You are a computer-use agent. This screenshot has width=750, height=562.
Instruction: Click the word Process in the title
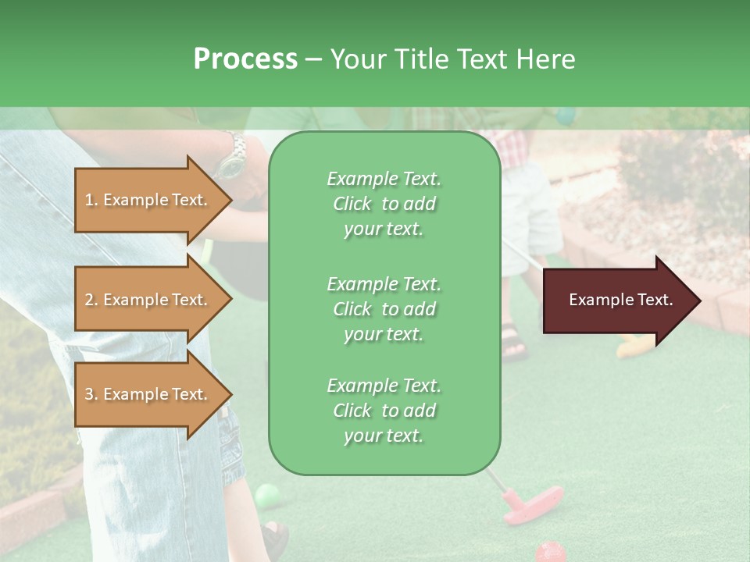pyautogui.click(x=245, y=59)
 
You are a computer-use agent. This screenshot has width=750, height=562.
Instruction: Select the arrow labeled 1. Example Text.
pyautogui.click(x=148, y=200)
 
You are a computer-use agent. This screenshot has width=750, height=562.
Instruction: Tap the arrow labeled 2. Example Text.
pyautogui.click(x=148, y=300)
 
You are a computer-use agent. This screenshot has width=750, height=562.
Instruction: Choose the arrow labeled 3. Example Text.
pyautogui.click(x=148, y=394)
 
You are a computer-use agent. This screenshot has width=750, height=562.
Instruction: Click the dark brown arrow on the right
pyautogui.click(x=620, y=301)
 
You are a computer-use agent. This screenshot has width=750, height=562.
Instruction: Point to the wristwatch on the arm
pyautogui.click(x=231, y=157)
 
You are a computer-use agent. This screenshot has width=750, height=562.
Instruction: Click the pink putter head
pyautogui.click(x=533, y=503)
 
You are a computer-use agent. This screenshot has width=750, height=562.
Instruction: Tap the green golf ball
pyautogui.click(x=266, y=494)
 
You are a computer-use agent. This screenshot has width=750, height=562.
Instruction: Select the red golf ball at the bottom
pyautogui.click(x=550, y=551)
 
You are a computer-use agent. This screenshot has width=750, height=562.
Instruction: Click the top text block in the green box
pyautogui.click(x=384, y=204)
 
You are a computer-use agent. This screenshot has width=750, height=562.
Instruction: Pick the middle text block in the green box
pyautogui.click(x=384, y=309)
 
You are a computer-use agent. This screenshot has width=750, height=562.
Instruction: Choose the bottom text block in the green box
pyautogui.click(x=384, y=411)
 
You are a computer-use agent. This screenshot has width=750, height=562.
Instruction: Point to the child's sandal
pyautogui.click(x=513, y=342)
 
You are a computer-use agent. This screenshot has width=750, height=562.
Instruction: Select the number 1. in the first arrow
pyautogui.click(x=91, y=200)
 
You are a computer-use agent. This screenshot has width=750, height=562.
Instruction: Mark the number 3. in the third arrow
pyautogui.click(x=91, y=394)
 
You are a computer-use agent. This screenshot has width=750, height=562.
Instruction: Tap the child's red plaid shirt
pyautogui.click(x=514, y=144)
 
